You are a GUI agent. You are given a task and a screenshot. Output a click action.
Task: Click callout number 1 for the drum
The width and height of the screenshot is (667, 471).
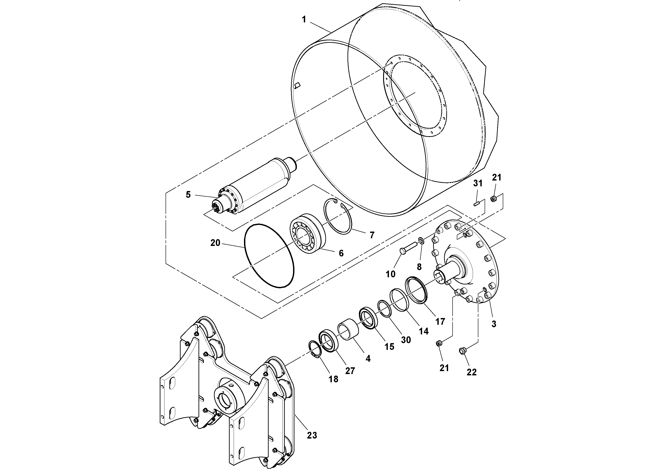304,20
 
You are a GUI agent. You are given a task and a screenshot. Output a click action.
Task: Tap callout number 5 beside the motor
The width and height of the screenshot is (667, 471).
188,195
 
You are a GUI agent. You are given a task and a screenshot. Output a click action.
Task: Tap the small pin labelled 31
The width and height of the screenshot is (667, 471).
476,204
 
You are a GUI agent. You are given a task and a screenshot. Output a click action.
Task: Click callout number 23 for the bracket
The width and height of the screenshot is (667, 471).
312,443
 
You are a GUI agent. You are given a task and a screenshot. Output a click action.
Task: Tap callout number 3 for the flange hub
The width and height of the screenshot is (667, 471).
494,324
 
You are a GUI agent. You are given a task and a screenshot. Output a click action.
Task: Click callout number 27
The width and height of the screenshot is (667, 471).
350,371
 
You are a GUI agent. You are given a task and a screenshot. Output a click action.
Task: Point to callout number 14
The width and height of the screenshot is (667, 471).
423,331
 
